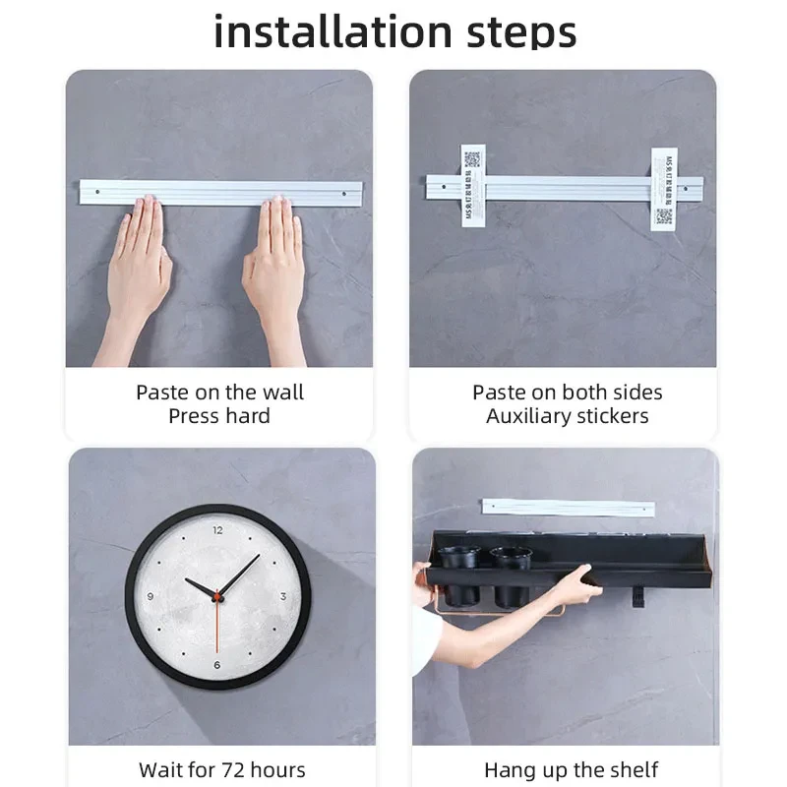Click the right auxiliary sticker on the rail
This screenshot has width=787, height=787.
(x=664, y=190)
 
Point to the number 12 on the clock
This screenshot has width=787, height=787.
(x=217, y=530)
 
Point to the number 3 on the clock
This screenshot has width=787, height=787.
(x=283, y=596)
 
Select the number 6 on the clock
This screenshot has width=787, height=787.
(x=217, y=665)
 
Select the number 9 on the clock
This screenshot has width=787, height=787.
(x=150, y=597)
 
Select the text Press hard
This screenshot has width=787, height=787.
(x=219, y=416)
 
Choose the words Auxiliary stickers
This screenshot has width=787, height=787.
(x=567, y=416)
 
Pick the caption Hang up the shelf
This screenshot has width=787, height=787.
(x=571, y=769)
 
